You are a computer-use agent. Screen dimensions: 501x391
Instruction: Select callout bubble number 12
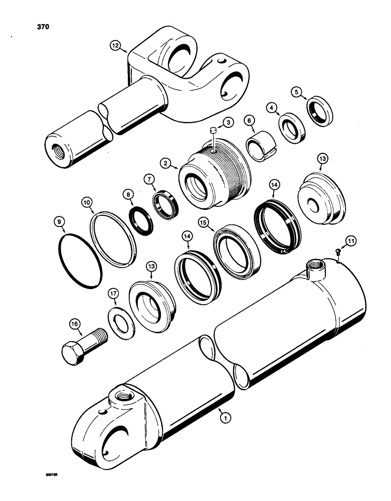point(116,46)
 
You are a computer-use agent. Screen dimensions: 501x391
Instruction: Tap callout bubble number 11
point(351,242)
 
